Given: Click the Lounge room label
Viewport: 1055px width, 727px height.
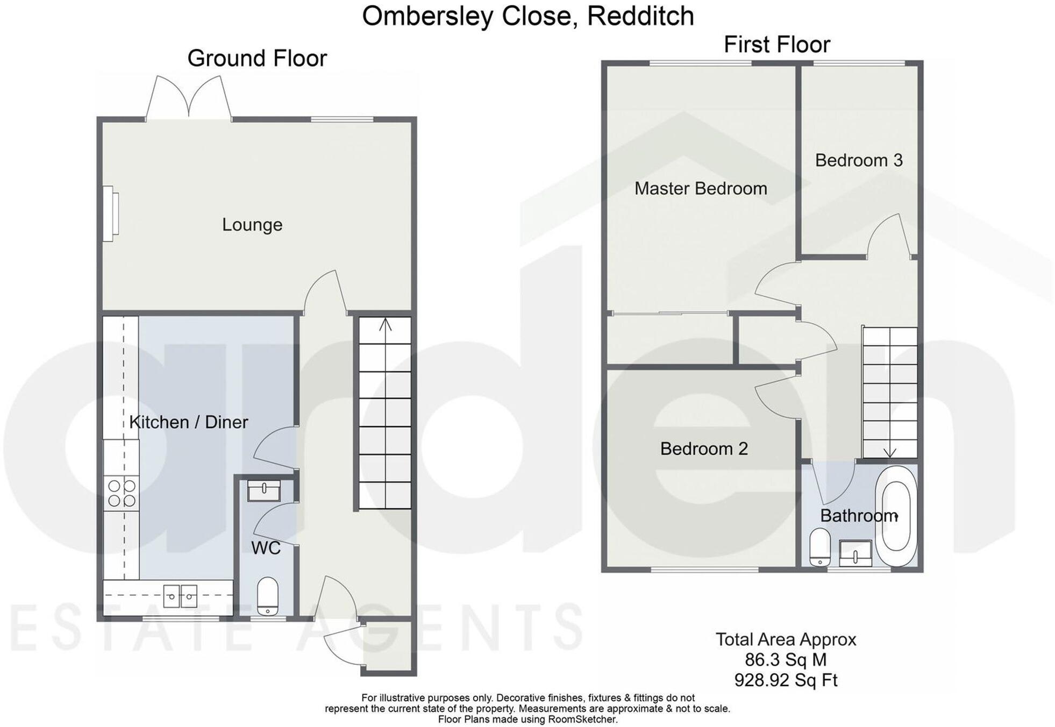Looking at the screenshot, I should pyautogui.click(x=252, y=225).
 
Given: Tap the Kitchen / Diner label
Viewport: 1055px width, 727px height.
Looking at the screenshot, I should pyautogui.click(x=188, y=422).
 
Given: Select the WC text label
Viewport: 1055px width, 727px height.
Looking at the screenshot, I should pyautogui.click(x=266, y=548).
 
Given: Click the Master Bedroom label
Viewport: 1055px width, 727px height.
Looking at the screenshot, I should pyautogui.click(x=700, y=189).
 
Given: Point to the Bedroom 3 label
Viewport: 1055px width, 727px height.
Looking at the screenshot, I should pyautogui.click(x=858, y=160).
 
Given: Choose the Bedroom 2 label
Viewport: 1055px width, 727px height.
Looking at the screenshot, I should pyautogui.click(x=703, y=448).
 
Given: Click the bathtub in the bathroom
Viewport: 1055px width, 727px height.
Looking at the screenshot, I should pyautogui.click(x=895, y=516).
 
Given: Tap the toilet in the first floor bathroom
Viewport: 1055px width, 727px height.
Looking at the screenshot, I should pyautogui.click(x=819, y=547).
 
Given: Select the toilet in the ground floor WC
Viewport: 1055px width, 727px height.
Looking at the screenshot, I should pyautogui.click(x=267, y=596).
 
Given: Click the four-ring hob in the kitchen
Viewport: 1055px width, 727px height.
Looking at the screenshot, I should pyautogui.click(x=122, y=493).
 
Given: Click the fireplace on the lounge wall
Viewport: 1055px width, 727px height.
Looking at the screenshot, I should pyautogui.click(x=110, y=213).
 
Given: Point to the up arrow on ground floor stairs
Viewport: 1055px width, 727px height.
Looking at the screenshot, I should pyautogui.click(x=385, y=325).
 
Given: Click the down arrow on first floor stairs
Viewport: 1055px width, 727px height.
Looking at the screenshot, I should pyautogui.click(x=889, y=452).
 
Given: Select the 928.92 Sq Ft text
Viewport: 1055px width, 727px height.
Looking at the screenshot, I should pyautogui.click(x=785, y=680).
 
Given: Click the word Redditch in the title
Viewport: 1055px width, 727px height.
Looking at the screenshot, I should pyautogui.click(x=640, y=16).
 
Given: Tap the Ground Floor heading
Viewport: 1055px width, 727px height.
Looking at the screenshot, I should pyautogui.click(x=256, y=58).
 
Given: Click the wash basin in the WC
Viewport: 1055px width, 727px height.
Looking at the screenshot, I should pyautogui.click(x=263, y=490).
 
